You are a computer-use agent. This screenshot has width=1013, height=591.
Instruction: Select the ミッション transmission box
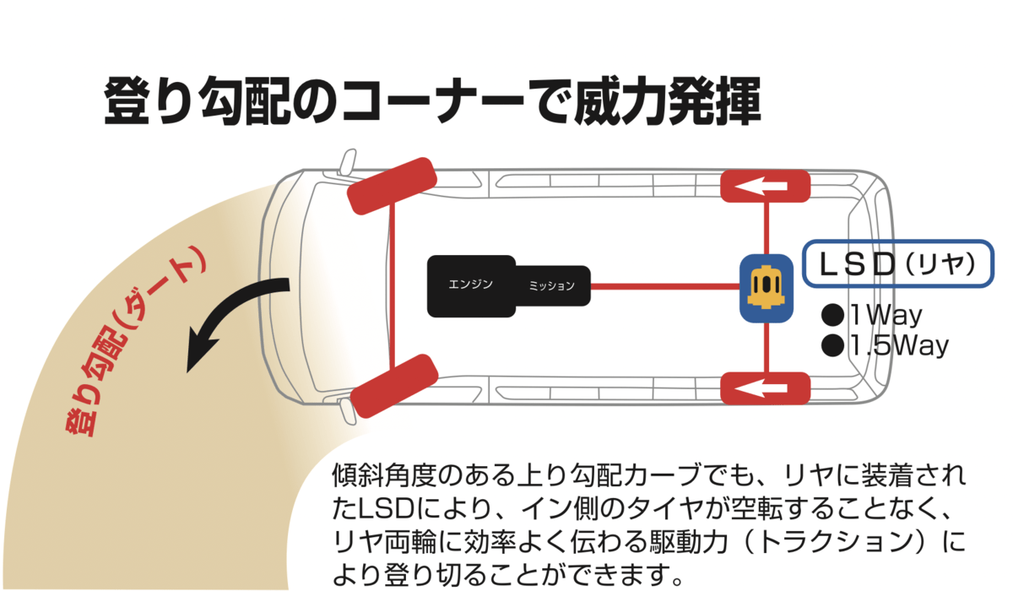[552, 286]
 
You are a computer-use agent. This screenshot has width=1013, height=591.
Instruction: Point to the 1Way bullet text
[873, 316]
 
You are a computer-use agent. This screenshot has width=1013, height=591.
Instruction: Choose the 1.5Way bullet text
[886, 345]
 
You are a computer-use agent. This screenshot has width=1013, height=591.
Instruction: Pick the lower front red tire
[393, 387]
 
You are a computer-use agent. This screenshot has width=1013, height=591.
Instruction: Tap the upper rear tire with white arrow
[765, 186]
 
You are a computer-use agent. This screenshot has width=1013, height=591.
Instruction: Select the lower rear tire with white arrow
[765, 388]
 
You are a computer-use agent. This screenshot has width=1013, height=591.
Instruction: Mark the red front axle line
[393, 287]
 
